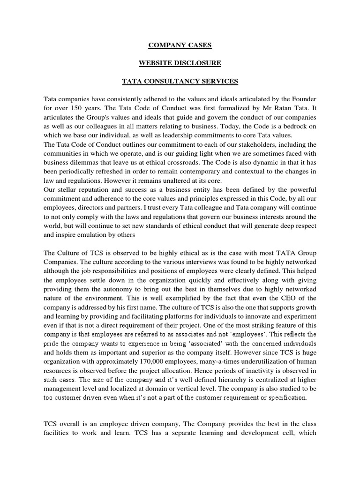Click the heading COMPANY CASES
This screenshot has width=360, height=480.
click(x=180, y=45)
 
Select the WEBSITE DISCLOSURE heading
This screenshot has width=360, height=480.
click(x=180, y=63)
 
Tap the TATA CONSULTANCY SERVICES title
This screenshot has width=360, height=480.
click(x=180, y=82)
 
